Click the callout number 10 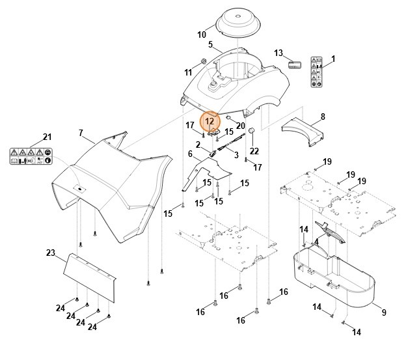[202, 35]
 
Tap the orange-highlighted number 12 [210, 121]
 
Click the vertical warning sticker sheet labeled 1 [317, 72]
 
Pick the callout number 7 [81, 133]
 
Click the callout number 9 [383, 312]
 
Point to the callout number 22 [254, 151]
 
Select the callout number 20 [240, 126]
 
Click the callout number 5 [211, 44]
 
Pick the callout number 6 [190, 154]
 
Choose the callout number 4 [316, 242]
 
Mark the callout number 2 [198, 145]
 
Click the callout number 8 [322, 117]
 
